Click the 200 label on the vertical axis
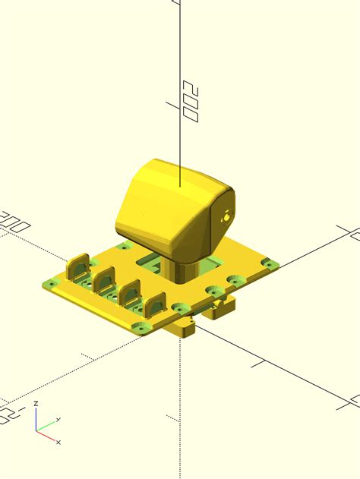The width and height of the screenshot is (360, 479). [191, 102]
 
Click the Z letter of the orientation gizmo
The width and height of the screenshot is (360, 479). [36, 405]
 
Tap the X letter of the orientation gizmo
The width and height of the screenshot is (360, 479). [58, 442]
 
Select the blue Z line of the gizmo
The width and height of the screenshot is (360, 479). [36, 420]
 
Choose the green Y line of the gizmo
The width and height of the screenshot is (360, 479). [43, 427]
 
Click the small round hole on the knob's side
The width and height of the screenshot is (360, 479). [227, 216]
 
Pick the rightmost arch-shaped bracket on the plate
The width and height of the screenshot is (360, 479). [156, 304]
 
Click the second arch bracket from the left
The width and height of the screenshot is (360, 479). [104, 279]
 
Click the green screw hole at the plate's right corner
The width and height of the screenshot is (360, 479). [267, 263]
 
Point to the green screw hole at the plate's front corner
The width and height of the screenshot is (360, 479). [139, 327]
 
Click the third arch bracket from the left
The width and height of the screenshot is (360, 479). [130, 291]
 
